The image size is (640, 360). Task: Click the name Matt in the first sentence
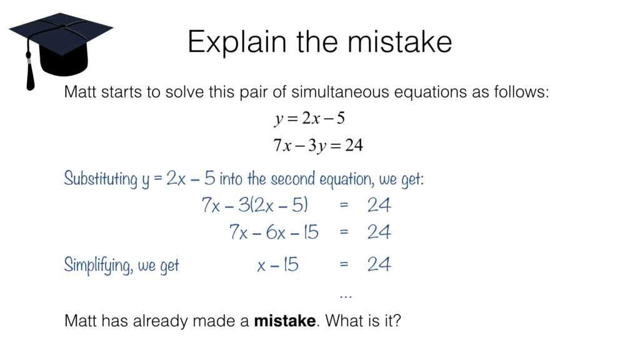(x=79, y=93)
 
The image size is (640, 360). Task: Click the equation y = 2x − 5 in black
(x=309, y=118)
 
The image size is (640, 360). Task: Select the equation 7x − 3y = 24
(x=318, y=145)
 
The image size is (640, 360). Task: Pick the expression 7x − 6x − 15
(x=274, y=233)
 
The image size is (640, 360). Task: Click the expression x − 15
(x=278, y=266)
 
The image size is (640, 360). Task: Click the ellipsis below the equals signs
(x=345, y=294)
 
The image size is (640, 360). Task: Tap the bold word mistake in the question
(x=284, y=321)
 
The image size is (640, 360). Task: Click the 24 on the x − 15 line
(x=379, y=265)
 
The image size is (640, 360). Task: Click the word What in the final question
(x=341, y=321)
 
